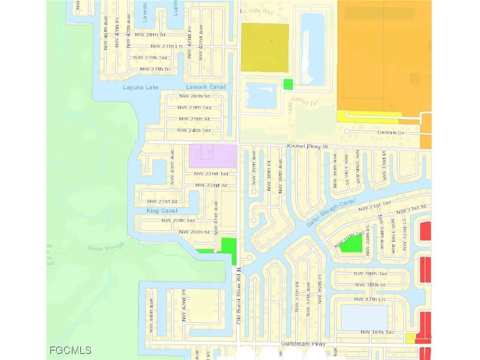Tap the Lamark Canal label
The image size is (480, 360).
tap(206, 87)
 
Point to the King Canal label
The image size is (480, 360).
tap(162, 211)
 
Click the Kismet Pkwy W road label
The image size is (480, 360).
tap(307, 147)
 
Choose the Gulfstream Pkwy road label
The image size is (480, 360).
tap(303, 344)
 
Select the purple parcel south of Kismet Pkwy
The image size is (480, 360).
tap(212, 156)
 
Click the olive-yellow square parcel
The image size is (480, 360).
tap(264, 48)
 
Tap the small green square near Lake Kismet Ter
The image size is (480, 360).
tap(288, 84)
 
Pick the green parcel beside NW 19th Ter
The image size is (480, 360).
tap(352, 244)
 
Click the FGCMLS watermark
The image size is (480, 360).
tap(70, 350)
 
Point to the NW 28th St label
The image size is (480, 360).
tap(153, 35)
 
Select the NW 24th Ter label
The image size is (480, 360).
tap(194, 130)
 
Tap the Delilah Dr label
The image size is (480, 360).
tap(391, 133)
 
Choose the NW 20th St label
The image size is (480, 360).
tap(194, 232)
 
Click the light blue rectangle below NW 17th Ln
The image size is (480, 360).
tap(364, 317)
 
